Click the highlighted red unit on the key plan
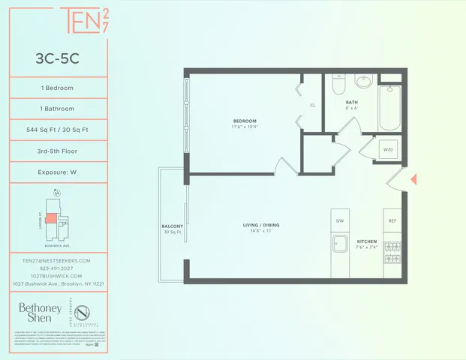[50, 218]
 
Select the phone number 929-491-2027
[56, 268]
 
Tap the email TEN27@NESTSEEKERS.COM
[56, 260]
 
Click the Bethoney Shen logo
[35, 312]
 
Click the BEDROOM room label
[245, 121]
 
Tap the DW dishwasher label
[340, 220]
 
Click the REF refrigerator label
[392, 220]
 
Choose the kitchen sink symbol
[340, 244]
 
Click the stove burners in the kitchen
[392, 248]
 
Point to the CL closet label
[312, 105]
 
